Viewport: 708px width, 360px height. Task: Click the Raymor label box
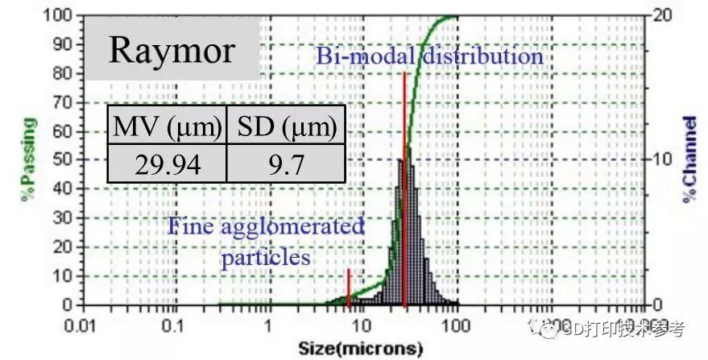pyautogui.click(x=172, y=50)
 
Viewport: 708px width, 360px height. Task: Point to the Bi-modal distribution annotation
pyautogui.click(x=429, y=57)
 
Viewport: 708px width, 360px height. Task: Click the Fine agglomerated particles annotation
pyautogui.click(x=266, y=242)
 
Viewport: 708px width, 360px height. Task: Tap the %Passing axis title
pyautogui.click(x=29, y=160)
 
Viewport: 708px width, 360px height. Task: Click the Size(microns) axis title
pyautogui.click(x=360, y=349)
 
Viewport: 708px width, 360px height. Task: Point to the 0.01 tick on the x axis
pyautogui.click(x=81, y=326)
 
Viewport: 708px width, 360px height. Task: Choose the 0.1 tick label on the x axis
pyautogui.click(x=174, y=326)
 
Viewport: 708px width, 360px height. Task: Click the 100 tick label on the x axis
pyautogui.click(x=457, y=326)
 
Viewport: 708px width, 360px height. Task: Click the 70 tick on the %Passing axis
pyautogui.click(x=64, y=101)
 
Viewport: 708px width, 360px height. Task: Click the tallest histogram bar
pyautogui.click(x=408, y=226)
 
